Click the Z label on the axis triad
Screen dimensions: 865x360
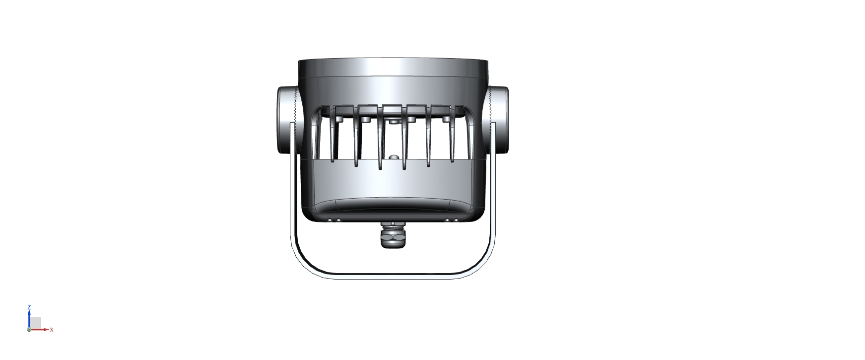pos(29,307)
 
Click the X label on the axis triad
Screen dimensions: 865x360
pos(52,330)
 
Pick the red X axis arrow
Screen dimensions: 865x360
pos(40,329)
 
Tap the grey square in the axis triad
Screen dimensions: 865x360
pos(36,323)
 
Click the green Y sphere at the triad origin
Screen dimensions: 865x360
pos(29,329)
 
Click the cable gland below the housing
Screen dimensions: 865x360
pos(393,235)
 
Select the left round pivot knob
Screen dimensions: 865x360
pos(285,120)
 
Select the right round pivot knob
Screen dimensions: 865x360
pos(499,120)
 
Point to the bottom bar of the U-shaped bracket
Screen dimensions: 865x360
pos(393,276)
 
